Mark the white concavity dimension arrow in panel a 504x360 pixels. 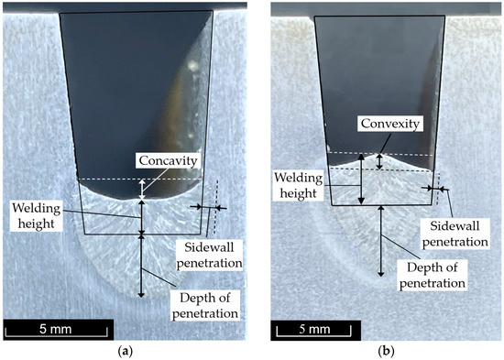pyautogui.click(x=141, y=189)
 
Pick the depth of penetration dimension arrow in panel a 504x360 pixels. pyautogui.click(x=141, y=266)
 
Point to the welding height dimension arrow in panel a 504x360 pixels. pyautogui.click(x=141, y=217)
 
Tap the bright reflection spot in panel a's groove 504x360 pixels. pyautogui.click(x=192, y=65)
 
